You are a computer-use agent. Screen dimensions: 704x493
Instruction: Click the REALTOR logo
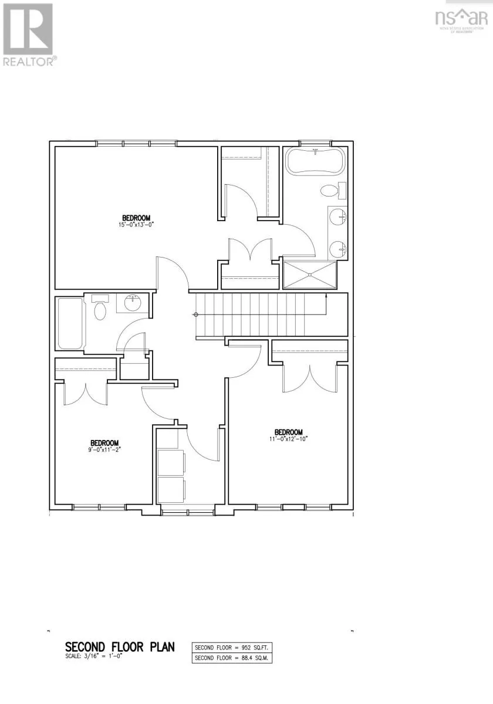29,35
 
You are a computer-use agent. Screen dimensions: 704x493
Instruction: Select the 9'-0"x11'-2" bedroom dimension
105,451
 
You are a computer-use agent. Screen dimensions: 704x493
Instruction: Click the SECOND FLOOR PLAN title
120,647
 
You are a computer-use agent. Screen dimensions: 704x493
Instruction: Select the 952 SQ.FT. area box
233,648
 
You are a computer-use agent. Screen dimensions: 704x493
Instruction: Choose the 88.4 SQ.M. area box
233,658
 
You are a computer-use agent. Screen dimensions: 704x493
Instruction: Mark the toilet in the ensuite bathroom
330,191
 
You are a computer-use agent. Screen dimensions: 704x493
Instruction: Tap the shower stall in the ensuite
310,275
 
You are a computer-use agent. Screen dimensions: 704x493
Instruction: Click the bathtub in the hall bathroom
70,323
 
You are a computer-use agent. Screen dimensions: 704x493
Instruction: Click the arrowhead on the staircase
326,297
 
